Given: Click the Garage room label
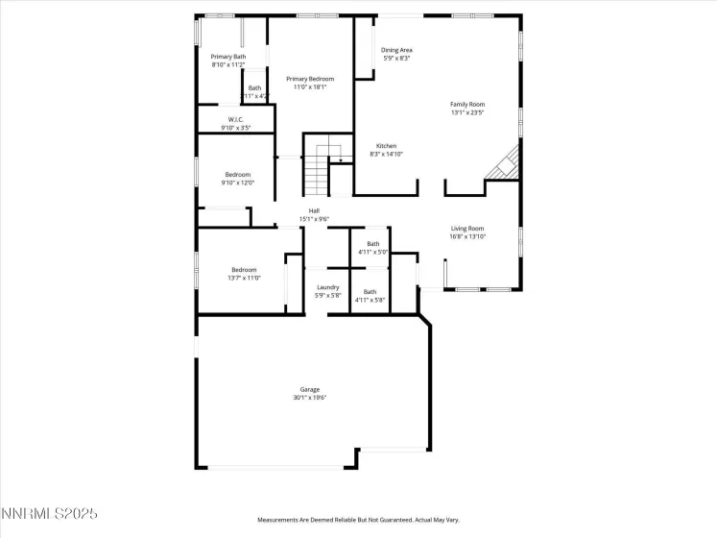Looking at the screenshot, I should click(309, 389).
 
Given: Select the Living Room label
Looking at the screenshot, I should click(467, 228).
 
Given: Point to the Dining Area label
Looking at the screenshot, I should click(396, 50).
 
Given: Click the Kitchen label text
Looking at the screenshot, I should click(386, 146).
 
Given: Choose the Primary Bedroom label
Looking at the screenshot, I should click(310, 79).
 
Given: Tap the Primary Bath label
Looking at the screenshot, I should click(227, 57).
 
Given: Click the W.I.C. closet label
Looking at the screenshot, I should click(235, 119).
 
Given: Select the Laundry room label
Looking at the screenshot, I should click(328, 287).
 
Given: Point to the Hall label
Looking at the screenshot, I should click(314, 210).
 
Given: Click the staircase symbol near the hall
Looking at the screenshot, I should click(319, 174).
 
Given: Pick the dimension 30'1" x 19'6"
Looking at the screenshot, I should click(309, 398).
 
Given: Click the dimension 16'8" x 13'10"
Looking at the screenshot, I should click(467, 236).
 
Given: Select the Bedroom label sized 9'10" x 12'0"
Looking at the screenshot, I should click(237, 174).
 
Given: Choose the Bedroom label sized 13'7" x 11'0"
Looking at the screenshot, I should click(245, 269).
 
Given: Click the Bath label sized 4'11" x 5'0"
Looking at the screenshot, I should click(372, 244).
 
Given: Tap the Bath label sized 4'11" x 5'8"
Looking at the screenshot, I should click(370, 292).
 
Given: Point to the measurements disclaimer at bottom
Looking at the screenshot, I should click(357, 520).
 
